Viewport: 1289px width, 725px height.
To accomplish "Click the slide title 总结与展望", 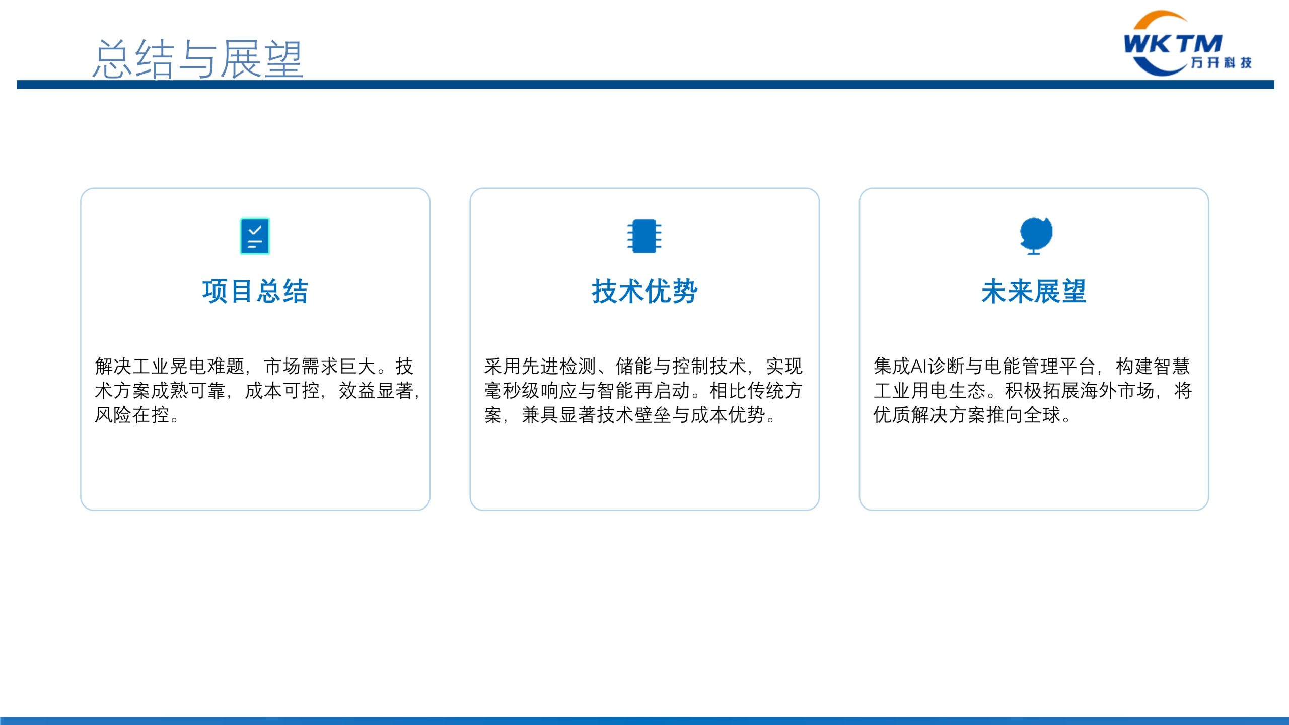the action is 198,59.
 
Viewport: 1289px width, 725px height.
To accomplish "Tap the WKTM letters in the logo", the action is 1173,44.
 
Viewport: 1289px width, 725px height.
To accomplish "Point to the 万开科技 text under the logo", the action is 1221,62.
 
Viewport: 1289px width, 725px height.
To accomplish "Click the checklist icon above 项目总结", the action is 255,236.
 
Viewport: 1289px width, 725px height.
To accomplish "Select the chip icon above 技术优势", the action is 644,236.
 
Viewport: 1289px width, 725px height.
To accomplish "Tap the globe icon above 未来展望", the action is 1036,236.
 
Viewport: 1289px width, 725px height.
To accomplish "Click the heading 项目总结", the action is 255,292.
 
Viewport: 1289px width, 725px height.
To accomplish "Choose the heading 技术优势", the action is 644,292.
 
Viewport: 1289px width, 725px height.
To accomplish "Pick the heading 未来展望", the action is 1034,292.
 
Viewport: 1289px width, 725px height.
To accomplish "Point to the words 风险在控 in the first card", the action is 132,415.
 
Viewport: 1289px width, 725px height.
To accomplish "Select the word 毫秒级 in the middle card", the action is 512,391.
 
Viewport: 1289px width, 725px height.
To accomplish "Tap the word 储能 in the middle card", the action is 634,366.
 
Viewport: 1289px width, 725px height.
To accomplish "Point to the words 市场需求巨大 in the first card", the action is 320,366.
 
